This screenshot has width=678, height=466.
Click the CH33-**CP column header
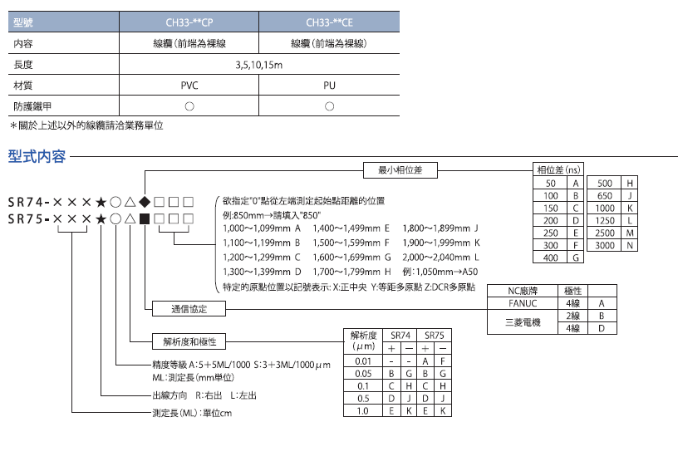189,23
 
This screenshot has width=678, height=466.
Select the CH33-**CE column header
329,23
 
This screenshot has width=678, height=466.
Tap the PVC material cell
189,86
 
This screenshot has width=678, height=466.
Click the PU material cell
329,86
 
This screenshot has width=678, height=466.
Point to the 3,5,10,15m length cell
259,65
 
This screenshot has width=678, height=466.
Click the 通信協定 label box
189,308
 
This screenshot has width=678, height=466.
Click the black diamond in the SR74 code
145,201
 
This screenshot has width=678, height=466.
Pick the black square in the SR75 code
145,218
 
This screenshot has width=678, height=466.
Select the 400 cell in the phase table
550,258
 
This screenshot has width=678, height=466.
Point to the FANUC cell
523,303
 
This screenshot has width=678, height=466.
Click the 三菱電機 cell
523,322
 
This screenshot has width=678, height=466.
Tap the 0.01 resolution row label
362,361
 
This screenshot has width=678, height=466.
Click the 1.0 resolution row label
362,410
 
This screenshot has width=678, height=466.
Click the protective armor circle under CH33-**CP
189,106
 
